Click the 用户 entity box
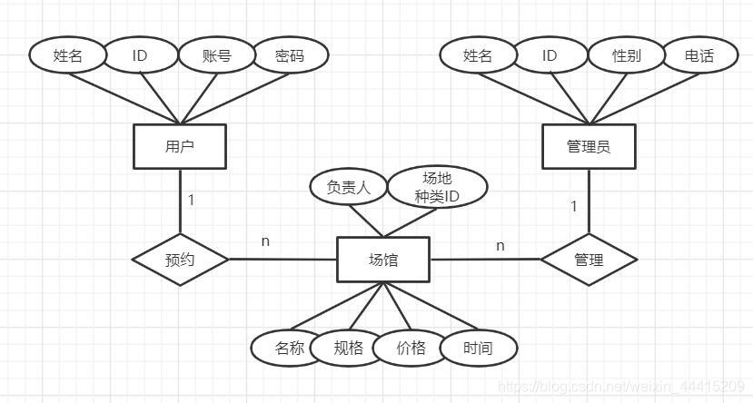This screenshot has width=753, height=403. [180, 146]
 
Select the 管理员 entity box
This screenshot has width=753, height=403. [588, 146]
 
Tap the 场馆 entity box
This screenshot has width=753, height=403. [382, 260]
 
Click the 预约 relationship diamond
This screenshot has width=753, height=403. [180, 260]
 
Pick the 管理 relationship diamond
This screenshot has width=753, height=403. [589, 260]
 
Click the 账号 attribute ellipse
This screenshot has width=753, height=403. [217, 55]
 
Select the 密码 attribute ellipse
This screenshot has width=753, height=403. [290, 55]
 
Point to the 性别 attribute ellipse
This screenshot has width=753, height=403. [627, 55]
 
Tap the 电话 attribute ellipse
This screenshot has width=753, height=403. [699, 55]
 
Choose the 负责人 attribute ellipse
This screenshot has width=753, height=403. [349, 187]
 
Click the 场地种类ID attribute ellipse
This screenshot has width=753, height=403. [437, 187]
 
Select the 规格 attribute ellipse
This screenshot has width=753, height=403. [348, 348]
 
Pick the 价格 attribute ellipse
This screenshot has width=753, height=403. [411, 348]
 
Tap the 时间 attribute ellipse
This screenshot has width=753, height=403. [478, 348]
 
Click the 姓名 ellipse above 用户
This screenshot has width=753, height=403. [68, 55]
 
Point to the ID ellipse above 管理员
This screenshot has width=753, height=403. [550, 55]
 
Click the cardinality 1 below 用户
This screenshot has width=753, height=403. [191, 200]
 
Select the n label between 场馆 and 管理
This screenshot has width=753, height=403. [500, 245]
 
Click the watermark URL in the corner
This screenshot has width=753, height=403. [622, 388]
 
